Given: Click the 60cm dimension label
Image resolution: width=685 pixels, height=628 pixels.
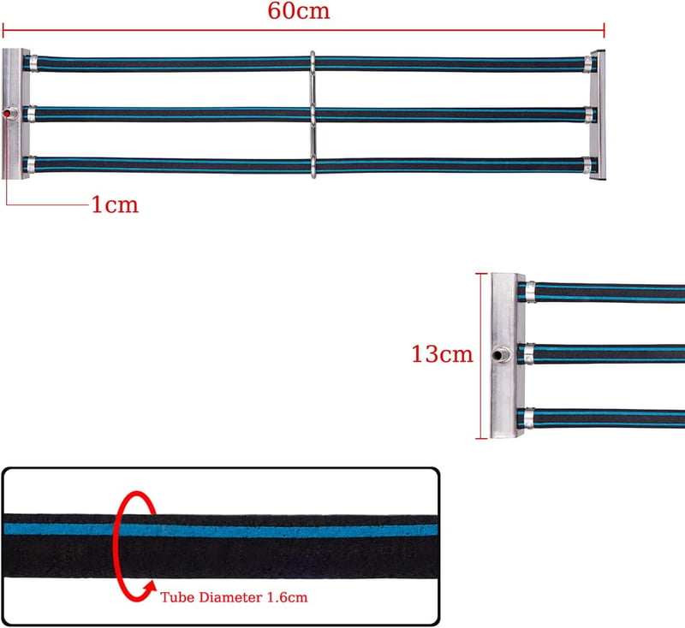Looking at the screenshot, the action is click(x=298, y=11).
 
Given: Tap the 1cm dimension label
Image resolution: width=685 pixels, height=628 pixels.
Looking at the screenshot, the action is click(x=115, y=204).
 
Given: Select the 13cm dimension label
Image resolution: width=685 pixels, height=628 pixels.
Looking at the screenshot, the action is click(x=442, y=353).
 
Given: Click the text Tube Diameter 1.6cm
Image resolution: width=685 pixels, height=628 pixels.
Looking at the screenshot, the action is click(x=234, y=597).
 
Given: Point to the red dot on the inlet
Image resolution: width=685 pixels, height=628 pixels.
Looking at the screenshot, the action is click(x=8, y=114).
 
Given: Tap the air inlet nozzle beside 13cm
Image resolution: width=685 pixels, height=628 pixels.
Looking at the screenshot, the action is click(x=501, y=354).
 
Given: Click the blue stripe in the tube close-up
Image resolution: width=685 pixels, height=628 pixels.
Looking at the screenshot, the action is click(x=221, y=530).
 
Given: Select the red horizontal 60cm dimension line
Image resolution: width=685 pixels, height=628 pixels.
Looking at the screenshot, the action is click(x=304, y=31).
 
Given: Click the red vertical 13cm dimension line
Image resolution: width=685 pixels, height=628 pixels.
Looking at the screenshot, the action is click(x=481, y=356).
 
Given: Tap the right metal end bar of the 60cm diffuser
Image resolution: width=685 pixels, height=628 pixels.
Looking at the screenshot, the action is click(x=598, y=115).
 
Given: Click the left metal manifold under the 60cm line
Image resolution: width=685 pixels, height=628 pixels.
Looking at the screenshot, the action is click(x=15, y=114).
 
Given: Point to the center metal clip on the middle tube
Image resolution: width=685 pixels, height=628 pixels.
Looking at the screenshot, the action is click(x=313, y=115).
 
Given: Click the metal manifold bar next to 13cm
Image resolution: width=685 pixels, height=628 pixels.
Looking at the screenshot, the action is click(x=507, y=356).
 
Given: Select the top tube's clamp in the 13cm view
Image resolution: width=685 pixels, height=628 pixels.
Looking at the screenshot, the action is click(x=530, y=292).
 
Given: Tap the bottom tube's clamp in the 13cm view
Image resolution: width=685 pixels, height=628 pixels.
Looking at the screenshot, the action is click(x=529, y=418).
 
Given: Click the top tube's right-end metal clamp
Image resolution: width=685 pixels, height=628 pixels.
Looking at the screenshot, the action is click(x=588, y=63).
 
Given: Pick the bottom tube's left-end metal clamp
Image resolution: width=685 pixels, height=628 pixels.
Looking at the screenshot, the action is click(x=31, y=164).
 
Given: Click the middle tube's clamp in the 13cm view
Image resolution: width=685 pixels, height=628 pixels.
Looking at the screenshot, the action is click(x=529, y=354).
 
